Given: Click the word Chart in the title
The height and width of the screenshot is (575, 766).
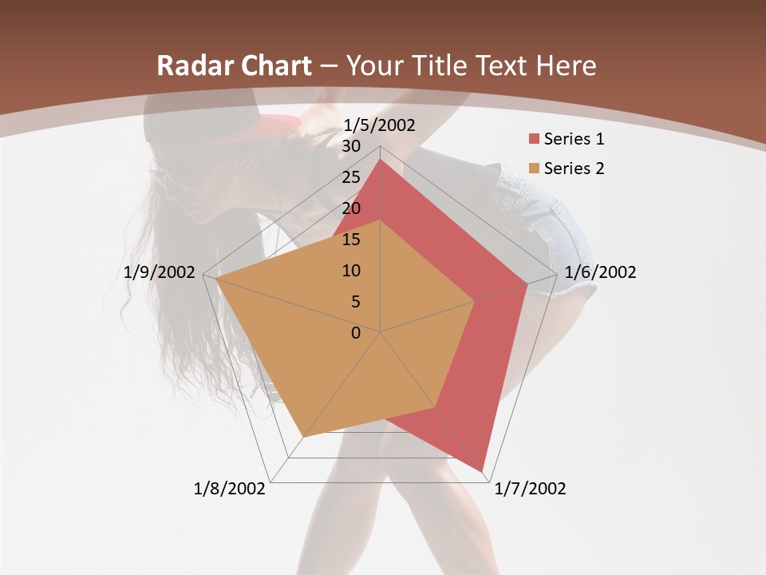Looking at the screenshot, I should (x=273, y=66).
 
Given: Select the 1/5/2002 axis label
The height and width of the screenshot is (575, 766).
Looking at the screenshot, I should (x=379, y=125).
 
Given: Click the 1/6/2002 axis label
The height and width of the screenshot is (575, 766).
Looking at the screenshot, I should (x=600, y=272).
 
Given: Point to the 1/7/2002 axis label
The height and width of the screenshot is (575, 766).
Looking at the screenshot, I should (x=530, y=489).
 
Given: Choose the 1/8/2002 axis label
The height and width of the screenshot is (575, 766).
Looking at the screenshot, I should (x=229, y=489).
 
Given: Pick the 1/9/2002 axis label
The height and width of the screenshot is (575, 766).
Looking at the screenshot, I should (x=160, y=272).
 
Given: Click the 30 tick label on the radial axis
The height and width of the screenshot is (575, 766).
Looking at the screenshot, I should (x=350, y=146).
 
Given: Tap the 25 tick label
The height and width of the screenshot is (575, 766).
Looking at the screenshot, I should (x=350, y=177).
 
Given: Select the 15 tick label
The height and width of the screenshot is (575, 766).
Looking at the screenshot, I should (x=350, y=240).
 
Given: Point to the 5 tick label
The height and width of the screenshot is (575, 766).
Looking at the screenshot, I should (x=355, y=302).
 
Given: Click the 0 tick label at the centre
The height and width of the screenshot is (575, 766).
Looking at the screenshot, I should (x=356, y=333).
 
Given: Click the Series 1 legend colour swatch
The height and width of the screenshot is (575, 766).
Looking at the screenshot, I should (x=534, y=140).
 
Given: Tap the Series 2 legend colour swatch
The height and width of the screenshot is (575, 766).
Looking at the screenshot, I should (x=534, y=169).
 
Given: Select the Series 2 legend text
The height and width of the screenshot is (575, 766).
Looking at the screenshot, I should (x=574, y=169).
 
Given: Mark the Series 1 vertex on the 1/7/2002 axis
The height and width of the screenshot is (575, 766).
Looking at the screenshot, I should (x=483, y=470).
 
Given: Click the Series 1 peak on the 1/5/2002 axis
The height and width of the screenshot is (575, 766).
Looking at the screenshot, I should (x=381, y=160).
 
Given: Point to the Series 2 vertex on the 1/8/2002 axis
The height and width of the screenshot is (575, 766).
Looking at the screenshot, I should (x=304, y=437).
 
